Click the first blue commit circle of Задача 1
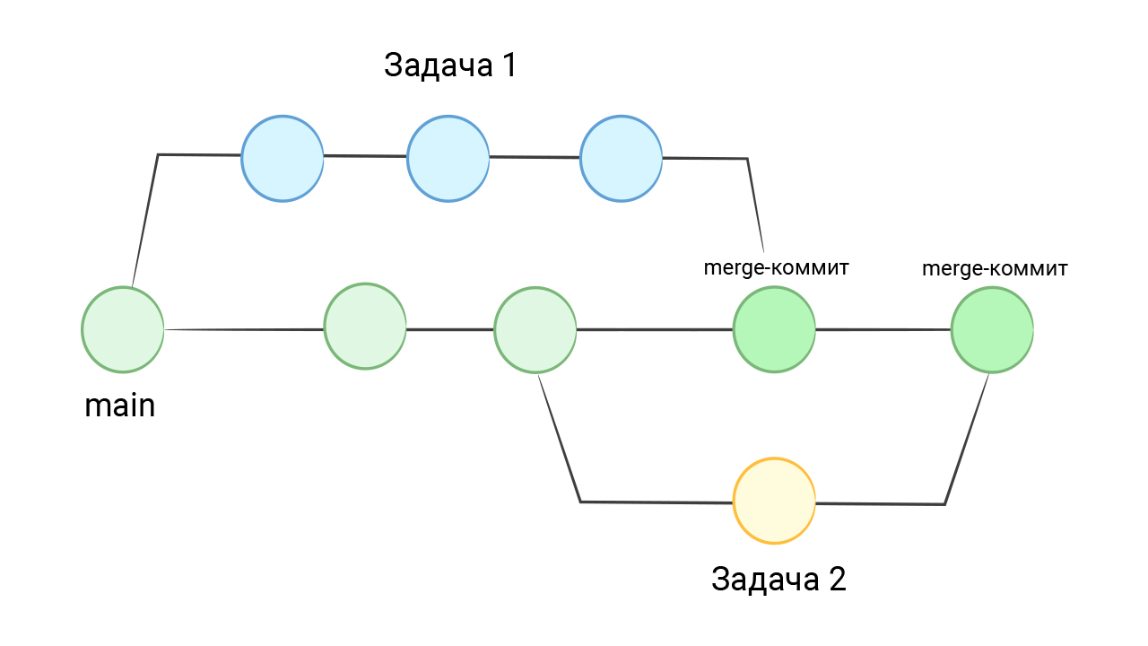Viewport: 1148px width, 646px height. [x=283, y=158]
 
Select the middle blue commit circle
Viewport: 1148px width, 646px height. [x=448, y=159]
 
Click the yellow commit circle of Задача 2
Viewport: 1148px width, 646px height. [x=774, y=501]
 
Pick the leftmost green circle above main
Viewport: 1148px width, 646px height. [x=123, y=329]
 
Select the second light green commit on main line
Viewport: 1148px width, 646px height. [x=365, y=327]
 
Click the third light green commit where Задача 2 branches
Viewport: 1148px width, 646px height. [x=535, y=329]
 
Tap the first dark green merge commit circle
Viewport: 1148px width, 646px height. [x=774, y=329]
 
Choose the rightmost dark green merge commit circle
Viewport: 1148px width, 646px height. [x=992, y=329]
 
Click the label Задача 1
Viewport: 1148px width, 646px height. [x=450, y=65]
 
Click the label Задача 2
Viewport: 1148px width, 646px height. [x=778, y=579]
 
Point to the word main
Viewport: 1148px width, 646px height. [x=120, y=406]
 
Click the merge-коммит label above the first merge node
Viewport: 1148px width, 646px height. [x=776, y=267]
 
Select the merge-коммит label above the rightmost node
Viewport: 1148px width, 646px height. [x=995, y=268]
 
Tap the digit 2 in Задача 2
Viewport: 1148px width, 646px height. [x=835, y=579]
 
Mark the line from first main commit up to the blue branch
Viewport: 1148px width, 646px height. [x=146, y=220]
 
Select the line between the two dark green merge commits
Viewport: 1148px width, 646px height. [x=883, y=329]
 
